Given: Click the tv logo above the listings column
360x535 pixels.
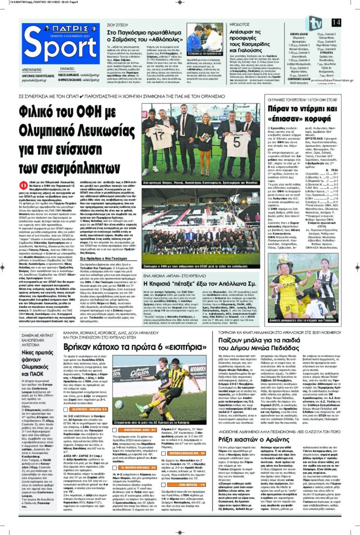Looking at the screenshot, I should (316, 23).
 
